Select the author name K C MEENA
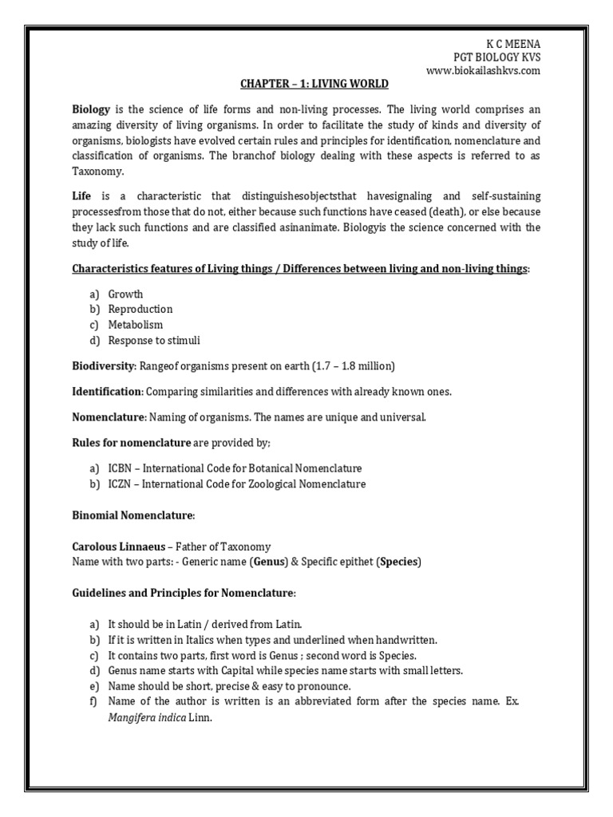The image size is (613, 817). pos(513,43)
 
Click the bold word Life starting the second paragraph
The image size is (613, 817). pos(82,196)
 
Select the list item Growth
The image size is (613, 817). pos(125,294)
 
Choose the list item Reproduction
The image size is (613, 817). pos(140,309)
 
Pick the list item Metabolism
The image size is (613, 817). pos(135,325)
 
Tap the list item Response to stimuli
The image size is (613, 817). pos(154,341)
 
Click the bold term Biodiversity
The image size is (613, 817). pos(104,366)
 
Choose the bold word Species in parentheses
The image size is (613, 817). pos(398,562)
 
